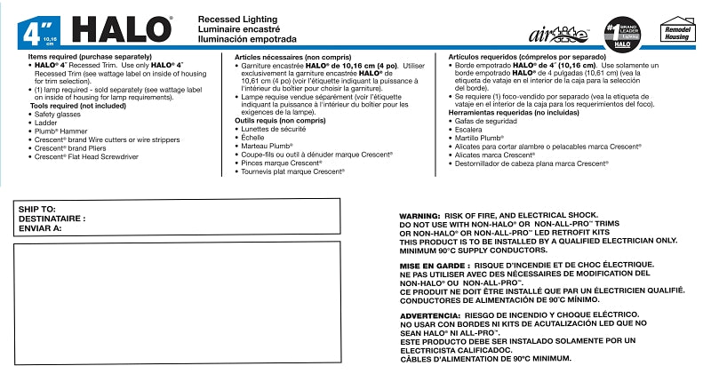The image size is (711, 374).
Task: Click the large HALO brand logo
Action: coord(121,28)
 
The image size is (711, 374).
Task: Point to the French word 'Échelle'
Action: coord(254,138)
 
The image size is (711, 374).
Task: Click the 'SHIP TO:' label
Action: coord(37,208)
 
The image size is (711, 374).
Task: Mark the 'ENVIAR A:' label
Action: coord(40,227)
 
